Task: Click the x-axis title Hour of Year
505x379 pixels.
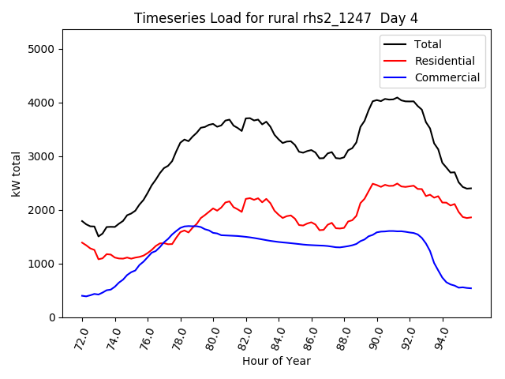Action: tap(276, 362)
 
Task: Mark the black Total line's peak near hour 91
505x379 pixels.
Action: tap(397, 98)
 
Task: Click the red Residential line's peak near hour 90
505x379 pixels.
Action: tap(373, 183)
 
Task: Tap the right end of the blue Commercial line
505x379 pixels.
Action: tap(471, 288)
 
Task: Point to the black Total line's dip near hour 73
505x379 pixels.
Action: tap(99, 236)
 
